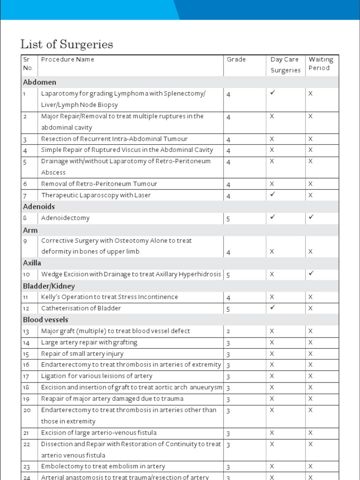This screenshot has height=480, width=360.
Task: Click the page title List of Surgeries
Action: (67, 45)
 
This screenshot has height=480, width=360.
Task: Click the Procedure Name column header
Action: (67, 60)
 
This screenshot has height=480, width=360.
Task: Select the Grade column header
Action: (236, 60)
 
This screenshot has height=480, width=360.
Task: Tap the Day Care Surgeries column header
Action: (285, 65)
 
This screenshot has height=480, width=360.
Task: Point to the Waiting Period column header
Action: (321, 64)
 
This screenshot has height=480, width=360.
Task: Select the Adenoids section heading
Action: (39, 207)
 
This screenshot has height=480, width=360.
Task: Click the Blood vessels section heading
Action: (45, 320)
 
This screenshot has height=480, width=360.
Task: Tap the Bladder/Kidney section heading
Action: (49, 286)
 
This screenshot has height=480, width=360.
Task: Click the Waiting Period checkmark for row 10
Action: (310, 274)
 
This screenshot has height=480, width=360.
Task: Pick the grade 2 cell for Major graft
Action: (228, 331)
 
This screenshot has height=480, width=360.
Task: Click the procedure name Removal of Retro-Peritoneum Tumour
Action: (99, 184)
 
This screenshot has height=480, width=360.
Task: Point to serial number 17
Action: (26, 376)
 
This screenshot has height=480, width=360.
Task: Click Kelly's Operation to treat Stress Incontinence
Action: (110, 297)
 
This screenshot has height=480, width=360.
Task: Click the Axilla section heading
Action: (32, 263)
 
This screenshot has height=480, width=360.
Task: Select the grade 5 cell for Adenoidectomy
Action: (228, 218)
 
